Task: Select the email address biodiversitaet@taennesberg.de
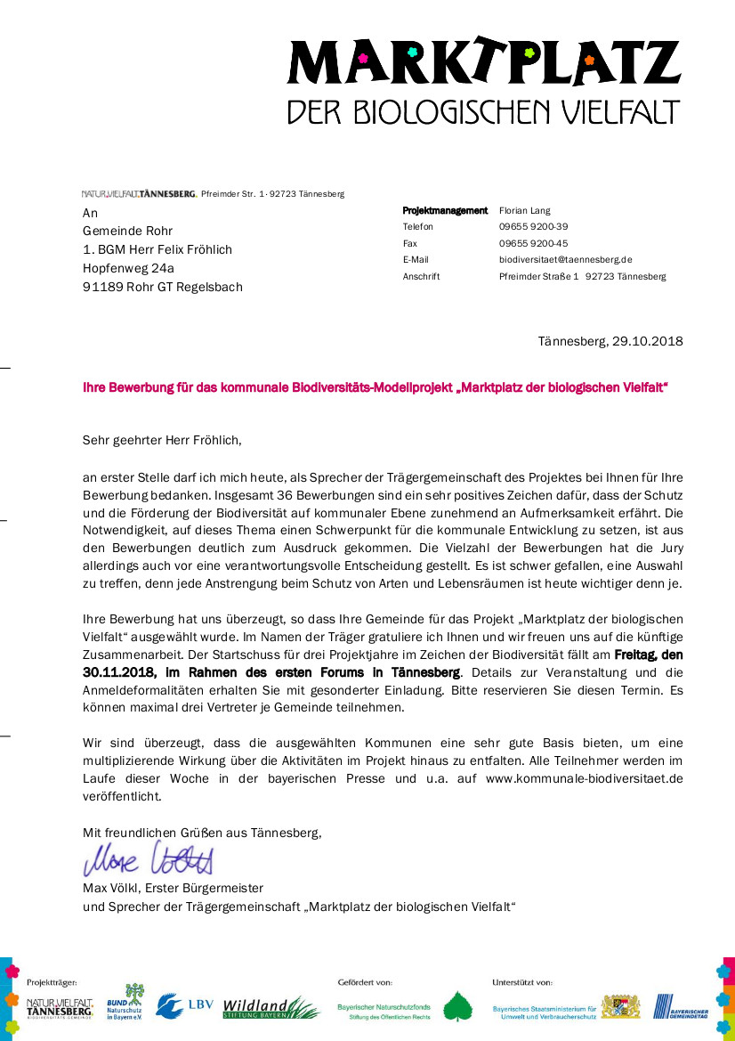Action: tap(565, 259)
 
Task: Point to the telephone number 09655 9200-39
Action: tap(533, 227)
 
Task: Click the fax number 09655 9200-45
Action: tap(533, 243)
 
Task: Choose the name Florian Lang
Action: tap(525, 211)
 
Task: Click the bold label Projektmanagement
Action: tap(445, 211)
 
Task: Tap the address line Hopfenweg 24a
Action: tap(128, 267)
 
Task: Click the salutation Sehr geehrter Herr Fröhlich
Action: tap(162, 440)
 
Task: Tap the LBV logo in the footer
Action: tap(185, 1006)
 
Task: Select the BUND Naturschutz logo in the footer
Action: tap(125, 1003)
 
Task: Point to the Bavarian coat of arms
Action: tap(620, 1007)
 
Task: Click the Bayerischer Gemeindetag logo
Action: tap(681, 1007)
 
